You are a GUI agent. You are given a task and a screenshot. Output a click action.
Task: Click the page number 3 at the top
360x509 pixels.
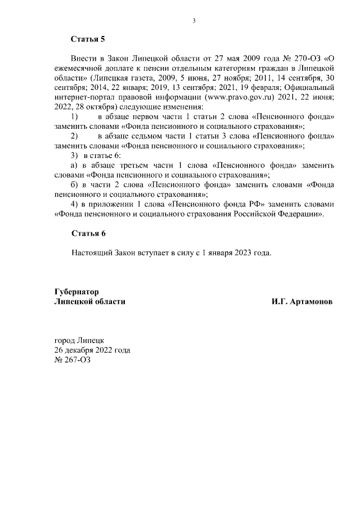point(194,21)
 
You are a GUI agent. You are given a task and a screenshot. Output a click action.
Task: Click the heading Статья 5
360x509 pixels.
point(88,39)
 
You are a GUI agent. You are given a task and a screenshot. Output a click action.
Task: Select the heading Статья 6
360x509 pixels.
point(88,233)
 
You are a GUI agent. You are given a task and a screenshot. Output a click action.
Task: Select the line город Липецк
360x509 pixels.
point(79,341)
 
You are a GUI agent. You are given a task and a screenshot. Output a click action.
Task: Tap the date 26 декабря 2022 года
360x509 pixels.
point(92,350)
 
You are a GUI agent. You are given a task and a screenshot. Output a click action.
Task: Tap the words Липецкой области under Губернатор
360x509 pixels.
point(89,301)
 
